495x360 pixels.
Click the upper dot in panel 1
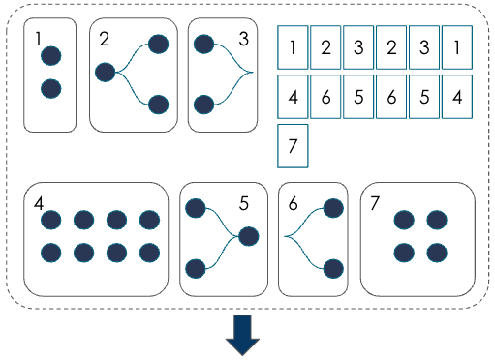51,56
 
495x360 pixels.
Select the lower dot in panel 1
51,89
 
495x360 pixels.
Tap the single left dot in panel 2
106,72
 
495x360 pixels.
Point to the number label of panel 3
245,39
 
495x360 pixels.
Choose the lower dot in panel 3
203,104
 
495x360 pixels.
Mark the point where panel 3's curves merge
251,73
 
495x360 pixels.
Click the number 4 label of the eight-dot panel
38,203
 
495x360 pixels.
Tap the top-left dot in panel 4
51,221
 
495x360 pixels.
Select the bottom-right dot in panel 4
149,253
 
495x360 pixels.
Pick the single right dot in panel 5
248,235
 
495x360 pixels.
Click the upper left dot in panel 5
195,207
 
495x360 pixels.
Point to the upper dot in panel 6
333,208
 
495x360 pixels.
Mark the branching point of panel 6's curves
285,236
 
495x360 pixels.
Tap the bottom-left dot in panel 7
405,253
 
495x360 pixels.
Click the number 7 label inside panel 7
374,203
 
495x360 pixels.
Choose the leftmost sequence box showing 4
293,97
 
